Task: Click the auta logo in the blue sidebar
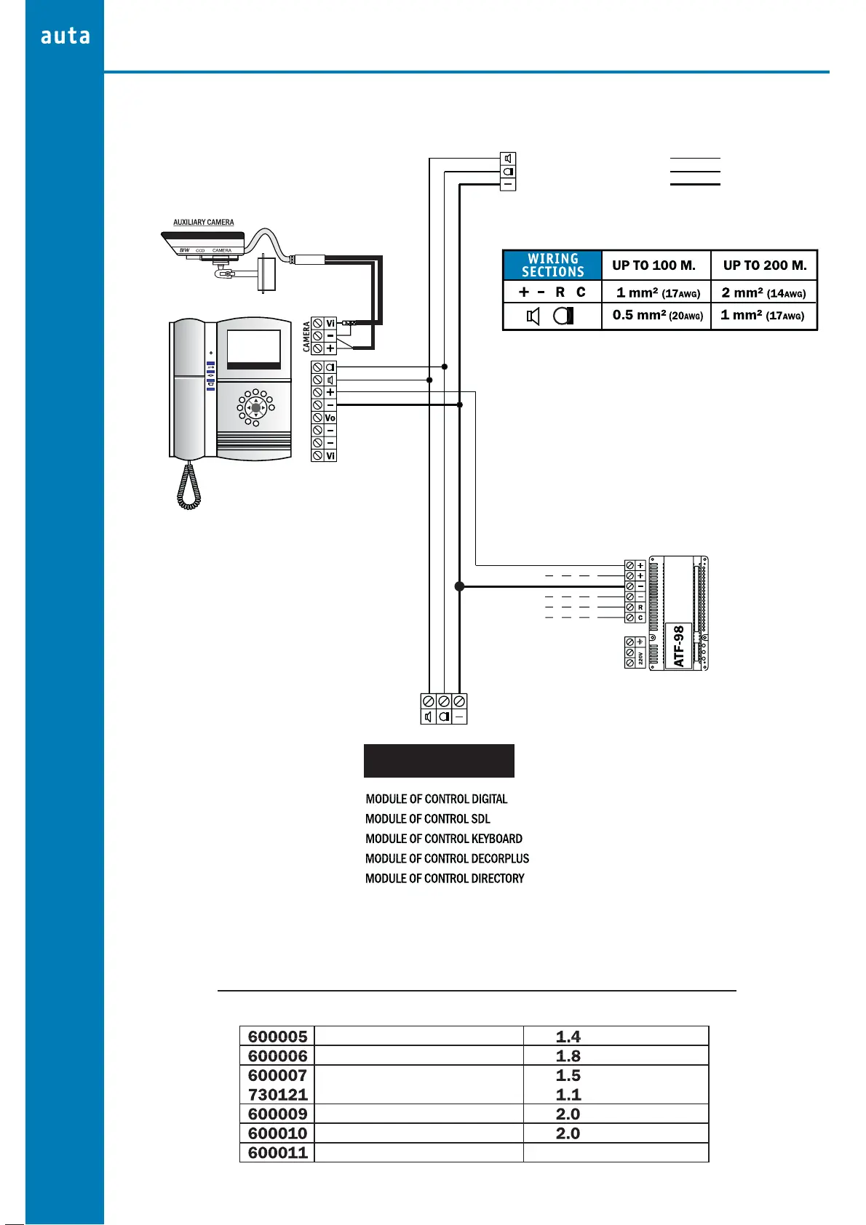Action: pyautogui.click(x=65, y=36)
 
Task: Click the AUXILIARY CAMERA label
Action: pyautogui.click(x=204, y=223)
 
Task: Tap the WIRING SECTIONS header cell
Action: pyautogui.click(x=552, y=266)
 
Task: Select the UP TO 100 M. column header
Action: pyautogui.click(x=654, y=266)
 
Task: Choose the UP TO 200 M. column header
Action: pyautogui.click(x=764, y=266)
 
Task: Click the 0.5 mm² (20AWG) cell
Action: pyautogui.click(x=657, y=316)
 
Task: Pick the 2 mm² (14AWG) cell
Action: pyautogui.click(x=763, y=292)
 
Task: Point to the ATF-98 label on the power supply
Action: pyautogui.click(x=679, y=646)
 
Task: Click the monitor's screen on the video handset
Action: pyautogui.click(x=253, y=348)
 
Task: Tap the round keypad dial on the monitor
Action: pyautogui.click(x=255, y=407)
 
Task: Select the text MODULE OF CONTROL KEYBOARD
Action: pyautogui.click(x=443, y=839)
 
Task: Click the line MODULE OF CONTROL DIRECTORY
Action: pyautogui.click(x=444, y=879)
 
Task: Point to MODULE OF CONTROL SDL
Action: pyautogui.click(x=427, y=819)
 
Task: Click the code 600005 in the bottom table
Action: pyautogui.click(x=277, y=1037)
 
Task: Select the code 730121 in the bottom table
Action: pyautogui.click(x=277, y=1095)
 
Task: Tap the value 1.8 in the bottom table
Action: pyautogui.click(x=568, y=1056)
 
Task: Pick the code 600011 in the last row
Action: pyautogui.click(x=277, y=1153)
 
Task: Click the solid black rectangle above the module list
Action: pyautogui.click(x=439, y=761)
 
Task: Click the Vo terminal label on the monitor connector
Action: pyautogui.click(x=330, y=418)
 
